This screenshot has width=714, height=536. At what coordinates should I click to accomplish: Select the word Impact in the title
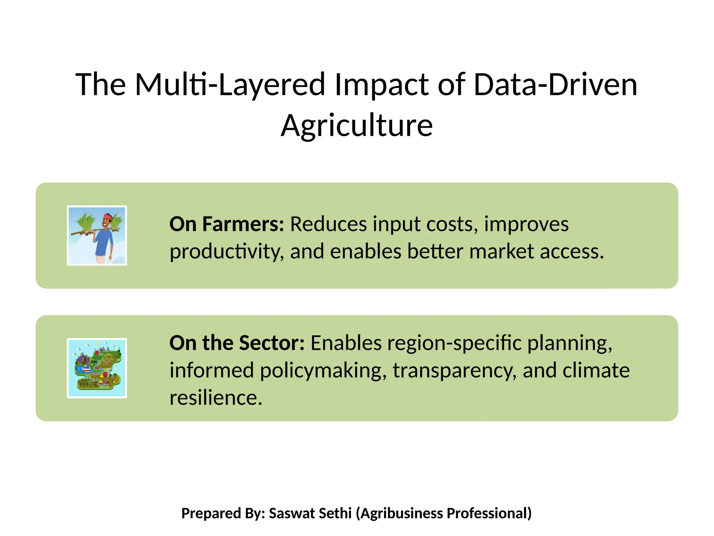click(x=381, y=85)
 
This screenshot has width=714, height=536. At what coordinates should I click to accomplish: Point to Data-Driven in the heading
click(x=555, y=85)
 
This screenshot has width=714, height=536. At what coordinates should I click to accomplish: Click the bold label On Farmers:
click(x=227, y=224)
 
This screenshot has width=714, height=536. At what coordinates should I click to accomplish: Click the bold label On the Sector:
click(x=237, y=343)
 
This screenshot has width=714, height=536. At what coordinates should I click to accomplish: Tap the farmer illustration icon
click(x=97, y=236)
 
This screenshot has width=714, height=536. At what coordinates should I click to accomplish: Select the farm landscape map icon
click(x=97, y=368)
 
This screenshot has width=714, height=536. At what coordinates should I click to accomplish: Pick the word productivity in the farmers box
click(x=226, y=252)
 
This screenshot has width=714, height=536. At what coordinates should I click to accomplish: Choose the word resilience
click(x=216, y=398)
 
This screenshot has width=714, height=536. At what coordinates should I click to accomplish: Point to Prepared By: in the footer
click(x=223, y=513)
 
